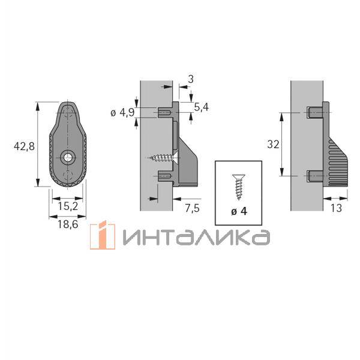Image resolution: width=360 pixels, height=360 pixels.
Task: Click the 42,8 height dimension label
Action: click(x=24, y=146)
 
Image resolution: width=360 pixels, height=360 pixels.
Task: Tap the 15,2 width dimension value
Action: click(x=68, y=206)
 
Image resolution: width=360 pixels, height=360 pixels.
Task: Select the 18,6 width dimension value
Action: click(x=68, y=224)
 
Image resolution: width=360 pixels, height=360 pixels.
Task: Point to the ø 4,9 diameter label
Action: click(x=122, y=113)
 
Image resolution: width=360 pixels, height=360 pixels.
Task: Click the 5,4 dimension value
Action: click(x=201, y=107)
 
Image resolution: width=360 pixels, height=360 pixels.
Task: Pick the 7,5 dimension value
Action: click(x=193, y=208)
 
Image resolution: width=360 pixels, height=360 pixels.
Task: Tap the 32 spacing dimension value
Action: click(x=273, y=145)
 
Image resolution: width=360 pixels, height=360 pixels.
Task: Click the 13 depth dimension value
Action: click(x=336, y=208)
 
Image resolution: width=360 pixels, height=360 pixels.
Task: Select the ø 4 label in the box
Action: click(x=239, y=211)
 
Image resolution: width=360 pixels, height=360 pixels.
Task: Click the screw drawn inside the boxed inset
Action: click(x=239, y=187)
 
